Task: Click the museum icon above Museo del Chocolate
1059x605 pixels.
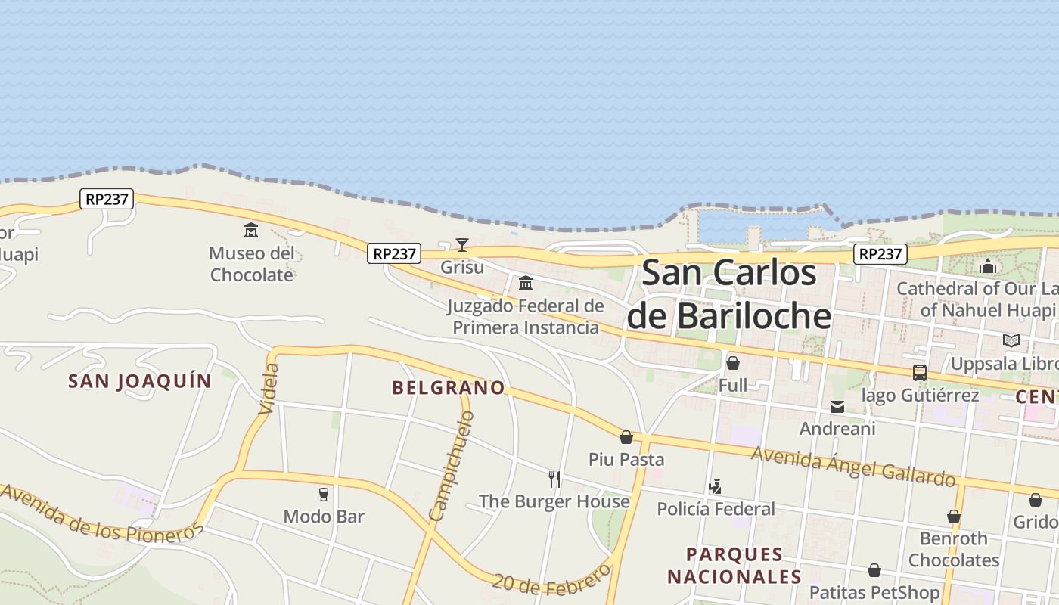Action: pyautogui.click(x=251, y=230)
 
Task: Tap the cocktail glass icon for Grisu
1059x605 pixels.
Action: pyautogui.click(x=462, y=244)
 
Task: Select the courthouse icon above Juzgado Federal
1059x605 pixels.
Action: pyautogui.click(x=526, y=284)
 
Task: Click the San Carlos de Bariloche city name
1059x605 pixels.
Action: pyautogui.click(x=729, y=294)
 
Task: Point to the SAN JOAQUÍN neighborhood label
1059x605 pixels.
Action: pyautogui.click(x=140, y=381)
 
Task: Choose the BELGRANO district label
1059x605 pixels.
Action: pyautogui.click(x=449, y=388)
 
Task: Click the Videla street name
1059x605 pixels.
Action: pyautogui.click(x=269, y=389)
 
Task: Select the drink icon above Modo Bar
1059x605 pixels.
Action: pyautogui.click(x=324, y=495)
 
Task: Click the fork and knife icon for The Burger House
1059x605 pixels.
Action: pyautogui.click(x=554, y=479)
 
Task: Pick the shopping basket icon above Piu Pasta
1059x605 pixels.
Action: pyautogui.click(x=626, y=437)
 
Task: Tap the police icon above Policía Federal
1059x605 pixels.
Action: pyautogui.click(x=716, y=486)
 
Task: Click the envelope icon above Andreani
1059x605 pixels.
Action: pyautogui.click(x=837, y=407)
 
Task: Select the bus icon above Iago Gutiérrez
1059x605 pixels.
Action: pyautogui.click(x=920, y=373)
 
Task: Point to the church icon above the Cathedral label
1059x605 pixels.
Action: pyautogui.click(x=988, y=266)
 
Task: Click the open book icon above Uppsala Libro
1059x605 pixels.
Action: pyautogui.click(x=1011, y=340)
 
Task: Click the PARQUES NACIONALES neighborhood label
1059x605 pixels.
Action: pyautogui.click(x=734, y=566)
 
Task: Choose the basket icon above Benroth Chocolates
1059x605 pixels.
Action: pyautogui.click(x=954, y=517)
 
